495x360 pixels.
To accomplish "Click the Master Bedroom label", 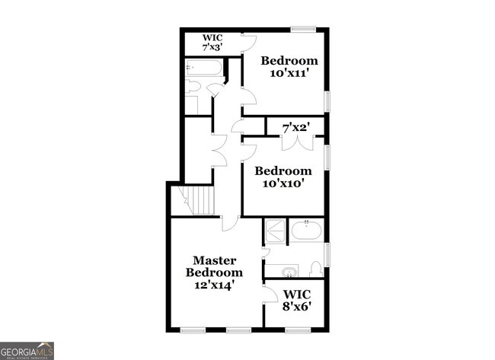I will [215, 266].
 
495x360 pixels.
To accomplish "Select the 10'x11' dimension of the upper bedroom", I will [289, 73].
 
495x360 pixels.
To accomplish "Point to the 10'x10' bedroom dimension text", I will [283, 183].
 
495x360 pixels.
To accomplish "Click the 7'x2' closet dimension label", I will [296, 127].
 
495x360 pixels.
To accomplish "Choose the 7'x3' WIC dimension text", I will [211, 47].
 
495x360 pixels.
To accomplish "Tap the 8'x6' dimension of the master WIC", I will [297, 307].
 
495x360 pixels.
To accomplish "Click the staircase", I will [200, 202].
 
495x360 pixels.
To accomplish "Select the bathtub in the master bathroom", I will [307, 230].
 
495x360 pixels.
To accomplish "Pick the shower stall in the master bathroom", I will [274, 229].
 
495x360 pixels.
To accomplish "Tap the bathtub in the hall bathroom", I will [204, 68].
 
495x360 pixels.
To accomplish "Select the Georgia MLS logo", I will [27, 350].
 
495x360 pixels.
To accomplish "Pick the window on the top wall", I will [303, 30].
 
